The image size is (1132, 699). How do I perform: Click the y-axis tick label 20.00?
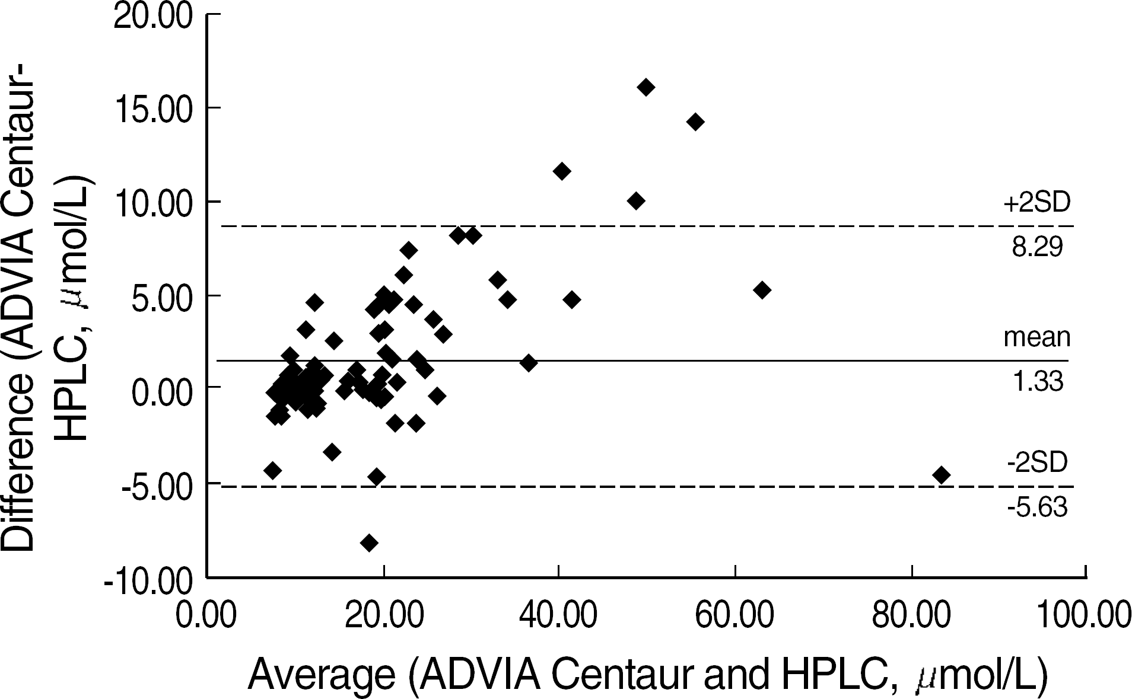pos(153,17)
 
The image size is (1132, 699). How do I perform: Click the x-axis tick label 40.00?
pos(558,616)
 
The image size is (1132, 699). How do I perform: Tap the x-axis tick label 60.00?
pos(734,616)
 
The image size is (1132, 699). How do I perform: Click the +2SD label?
pos(1036,203)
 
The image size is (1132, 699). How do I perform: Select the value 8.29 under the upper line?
pos(1037,247)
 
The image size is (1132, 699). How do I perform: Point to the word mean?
pos(1037,337)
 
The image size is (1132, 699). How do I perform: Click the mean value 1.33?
pos(1038,382)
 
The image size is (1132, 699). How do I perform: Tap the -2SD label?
pos(1038,462)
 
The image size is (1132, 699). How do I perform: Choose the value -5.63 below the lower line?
pos(1037,508)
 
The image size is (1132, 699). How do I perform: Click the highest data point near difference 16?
pos(646,87)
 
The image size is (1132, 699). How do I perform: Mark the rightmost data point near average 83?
pos(942,474)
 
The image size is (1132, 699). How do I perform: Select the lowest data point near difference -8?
pos(369,542)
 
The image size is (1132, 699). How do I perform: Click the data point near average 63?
pos(762,290)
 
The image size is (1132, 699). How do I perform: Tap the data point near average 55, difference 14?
pos(695,122)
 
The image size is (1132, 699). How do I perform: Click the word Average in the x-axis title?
pos(322,675)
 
